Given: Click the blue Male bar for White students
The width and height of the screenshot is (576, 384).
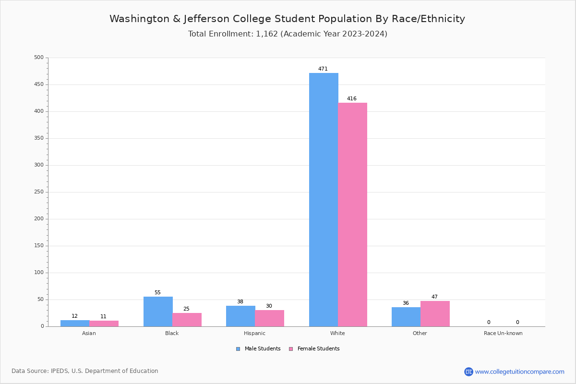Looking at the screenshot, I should click(x=324, y=200).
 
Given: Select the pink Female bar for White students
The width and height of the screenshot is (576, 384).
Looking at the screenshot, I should click(x=352, y=215).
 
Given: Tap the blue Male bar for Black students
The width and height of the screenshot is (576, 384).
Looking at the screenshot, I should click(x=158, y=312).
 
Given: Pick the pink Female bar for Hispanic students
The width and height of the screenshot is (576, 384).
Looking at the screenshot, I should click(x=269, y=318).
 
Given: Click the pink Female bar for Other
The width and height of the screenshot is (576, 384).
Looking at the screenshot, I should click(x=435, y=314).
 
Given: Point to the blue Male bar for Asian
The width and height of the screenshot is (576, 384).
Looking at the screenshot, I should click(x=75, y=324).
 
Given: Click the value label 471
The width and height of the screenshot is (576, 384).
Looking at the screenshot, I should click(x=323, y=69).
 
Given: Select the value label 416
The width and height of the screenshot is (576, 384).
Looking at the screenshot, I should click(x=352, y=99).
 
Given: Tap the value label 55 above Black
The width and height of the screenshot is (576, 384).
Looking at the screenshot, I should click(x=157, y=293).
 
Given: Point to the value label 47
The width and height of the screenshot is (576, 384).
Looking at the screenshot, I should click(x=434, y=297).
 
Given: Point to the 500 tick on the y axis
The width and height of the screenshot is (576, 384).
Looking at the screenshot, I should click(x=39, y=58).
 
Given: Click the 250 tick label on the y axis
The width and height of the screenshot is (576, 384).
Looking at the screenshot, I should click(x=39, y=192).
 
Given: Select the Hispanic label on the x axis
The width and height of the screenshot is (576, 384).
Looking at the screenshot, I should click(x=254, y=333).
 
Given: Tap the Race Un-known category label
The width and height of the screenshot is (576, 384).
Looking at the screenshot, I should click(x=503, y=333).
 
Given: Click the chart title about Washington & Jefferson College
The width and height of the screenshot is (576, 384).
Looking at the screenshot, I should click(x=287, y=19).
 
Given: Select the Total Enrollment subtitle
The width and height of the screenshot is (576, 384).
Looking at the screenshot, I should click(x=288, y=34).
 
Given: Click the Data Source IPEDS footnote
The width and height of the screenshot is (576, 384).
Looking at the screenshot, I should click(x=85, y=371).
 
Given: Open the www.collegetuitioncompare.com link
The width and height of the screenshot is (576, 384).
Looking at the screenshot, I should click(x=519, y=372).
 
